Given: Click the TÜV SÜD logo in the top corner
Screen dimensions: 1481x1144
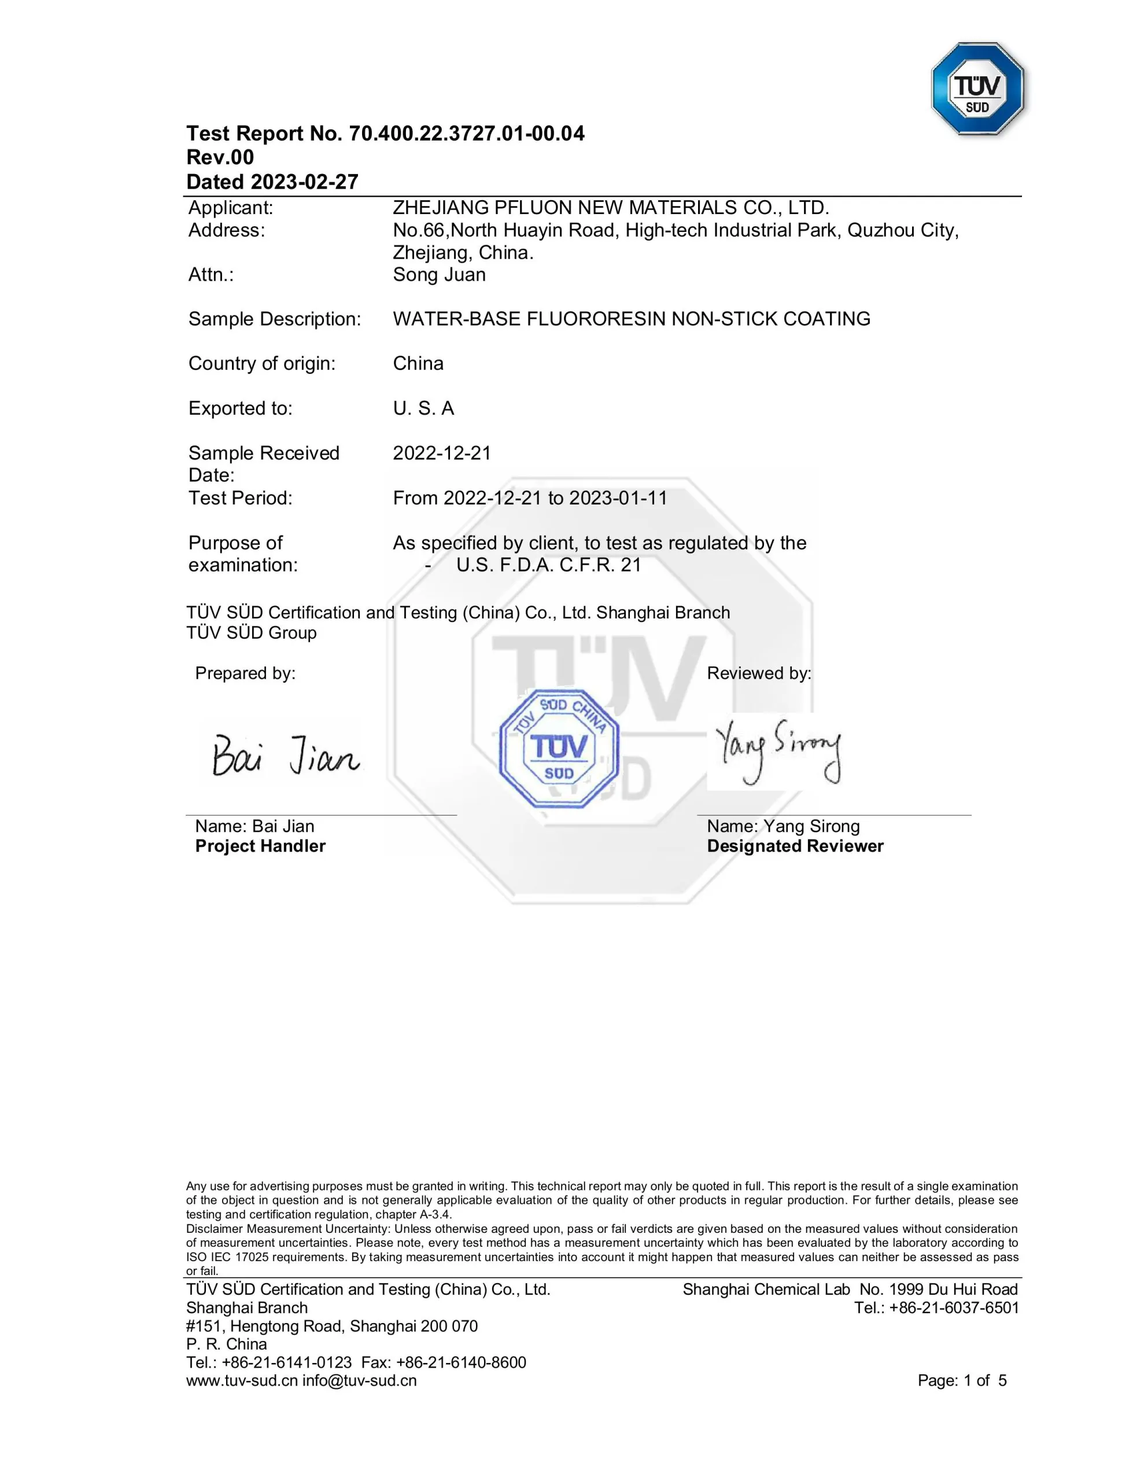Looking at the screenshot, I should pyautogui.click(x=977, y=89).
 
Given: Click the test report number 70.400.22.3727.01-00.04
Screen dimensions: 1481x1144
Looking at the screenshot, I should pyautogui.click(x=467, y=134).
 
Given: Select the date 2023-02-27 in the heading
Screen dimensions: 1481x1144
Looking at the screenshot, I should pyautogui.click(x=304, y=182).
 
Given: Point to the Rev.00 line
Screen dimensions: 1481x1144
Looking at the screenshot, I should pyautogui.click(x=220, y=157).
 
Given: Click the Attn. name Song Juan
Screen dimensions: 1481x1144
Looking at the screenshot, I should pyautogui.click(x=440, y=275).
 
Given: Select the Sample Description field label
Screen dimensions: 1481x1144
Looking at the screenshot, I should pyautogui.click(x=275, y=319).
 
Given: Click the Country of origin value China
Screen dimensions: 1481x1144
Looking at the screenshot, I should pyautogui.click(x=418, y=363).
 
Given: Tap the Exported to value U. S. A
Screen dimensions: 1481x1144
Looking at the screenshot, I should pyautogui.click(x=423, y=408).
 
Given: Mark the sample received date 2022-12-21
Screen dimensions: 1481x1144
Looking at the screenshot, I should pyautogui.click(x=442, y=453).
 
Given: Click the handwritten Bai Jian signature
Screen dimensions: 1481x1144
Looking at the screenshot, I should pyautogui.click(x=286, y=756).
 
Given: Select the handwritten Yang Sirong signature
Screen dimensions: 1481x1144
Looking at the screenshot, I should pyautogui.click(x=778, y=750).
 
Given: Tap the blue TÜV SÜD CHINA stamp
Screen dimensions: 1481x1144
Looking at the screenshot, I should pyautogui.click(x=559, y=749).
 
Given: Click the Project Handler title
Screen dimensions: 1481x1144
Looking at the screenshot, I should pyautogui.click(x=260, y=846).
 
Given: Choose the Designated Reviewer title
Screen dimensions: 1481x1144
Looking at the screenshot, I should pyautogui.click(x=795, y=846).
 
